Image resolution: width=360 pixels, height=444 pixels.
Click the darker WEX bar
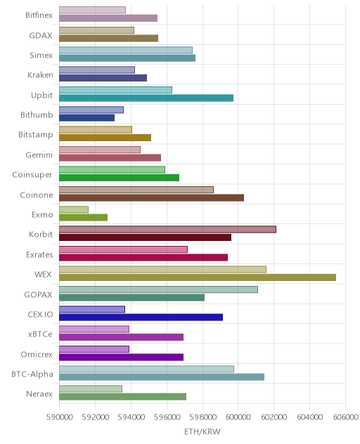[x=198, y=277]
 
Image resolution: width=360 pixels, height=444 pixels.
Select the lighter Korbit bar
[x=167, y=229]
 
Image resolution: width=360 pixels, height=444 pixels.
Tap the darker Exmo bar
[x=84, y=218]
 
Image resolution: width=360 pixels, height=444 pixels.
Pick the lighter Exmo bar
[x=74, y=209]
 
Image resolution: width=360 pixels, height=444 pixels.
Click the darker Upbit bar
[x=146, y=98]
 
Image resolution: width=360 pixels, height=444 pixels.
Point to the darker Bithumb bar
[x=86, y=118]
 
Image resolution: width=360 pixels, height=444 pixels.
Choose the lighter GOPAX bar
[x=158, y=289]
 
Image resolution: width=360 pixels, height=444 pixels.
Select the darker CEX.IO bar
[x=141, y=317]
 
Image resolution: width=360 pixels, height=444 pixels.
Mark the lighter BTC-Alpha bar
[x=146, y=369]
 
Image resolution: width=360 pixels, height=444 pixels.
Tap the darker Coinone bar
[x=151, y=197]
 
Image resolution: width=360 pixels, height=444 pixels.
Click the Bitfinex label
[x=39, y=15]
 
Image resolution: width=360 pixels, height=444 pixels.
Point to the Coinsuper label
[x=32, y=175]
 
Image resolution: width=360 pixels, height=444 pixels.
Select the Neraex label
[x=39, y=394]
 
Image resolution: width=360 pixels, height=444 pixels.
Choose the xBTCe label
[x=40, y=334]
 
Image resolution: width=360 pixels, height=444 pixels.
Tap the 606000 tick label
[x=345, y=417]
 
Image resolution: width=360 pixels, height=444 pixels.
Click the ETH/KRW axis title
[x=202, y=431]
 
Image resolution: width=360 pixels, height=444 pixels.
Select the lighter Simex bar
[x=126, y=50]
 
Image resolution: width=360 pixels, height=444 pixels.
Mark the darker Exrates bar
[x=143, y=257]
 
